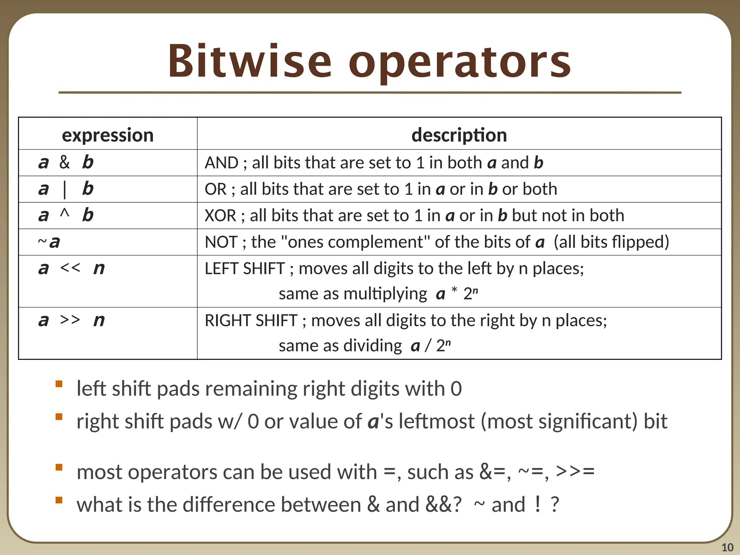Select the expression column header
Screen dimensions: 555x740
(108, 135)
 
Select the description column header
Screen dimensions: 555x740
(459, 135)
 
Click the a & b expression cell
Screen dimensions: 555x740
(66, 162)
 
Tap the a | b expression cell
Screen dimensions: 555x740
(66, 189)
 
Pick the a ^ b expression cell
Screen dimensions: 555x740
(66, 215)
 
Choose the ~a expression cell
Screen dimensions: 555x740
(49, 242)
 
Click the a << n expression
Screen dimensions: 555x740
(71, 268)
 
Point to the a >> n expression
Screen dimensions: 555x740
(71, 320)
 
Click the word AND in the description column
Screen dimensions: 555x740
(221, 163)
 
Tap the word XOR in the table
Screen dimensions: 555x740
(220, 216)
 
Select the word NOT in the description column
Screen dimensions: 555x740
(221, 242)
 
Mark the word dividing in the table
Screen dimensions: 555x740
(373, 346)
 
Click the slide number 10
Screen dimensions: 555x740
(727, 547)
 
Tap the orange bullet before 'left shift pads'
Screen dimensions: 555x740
(59, 384)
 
